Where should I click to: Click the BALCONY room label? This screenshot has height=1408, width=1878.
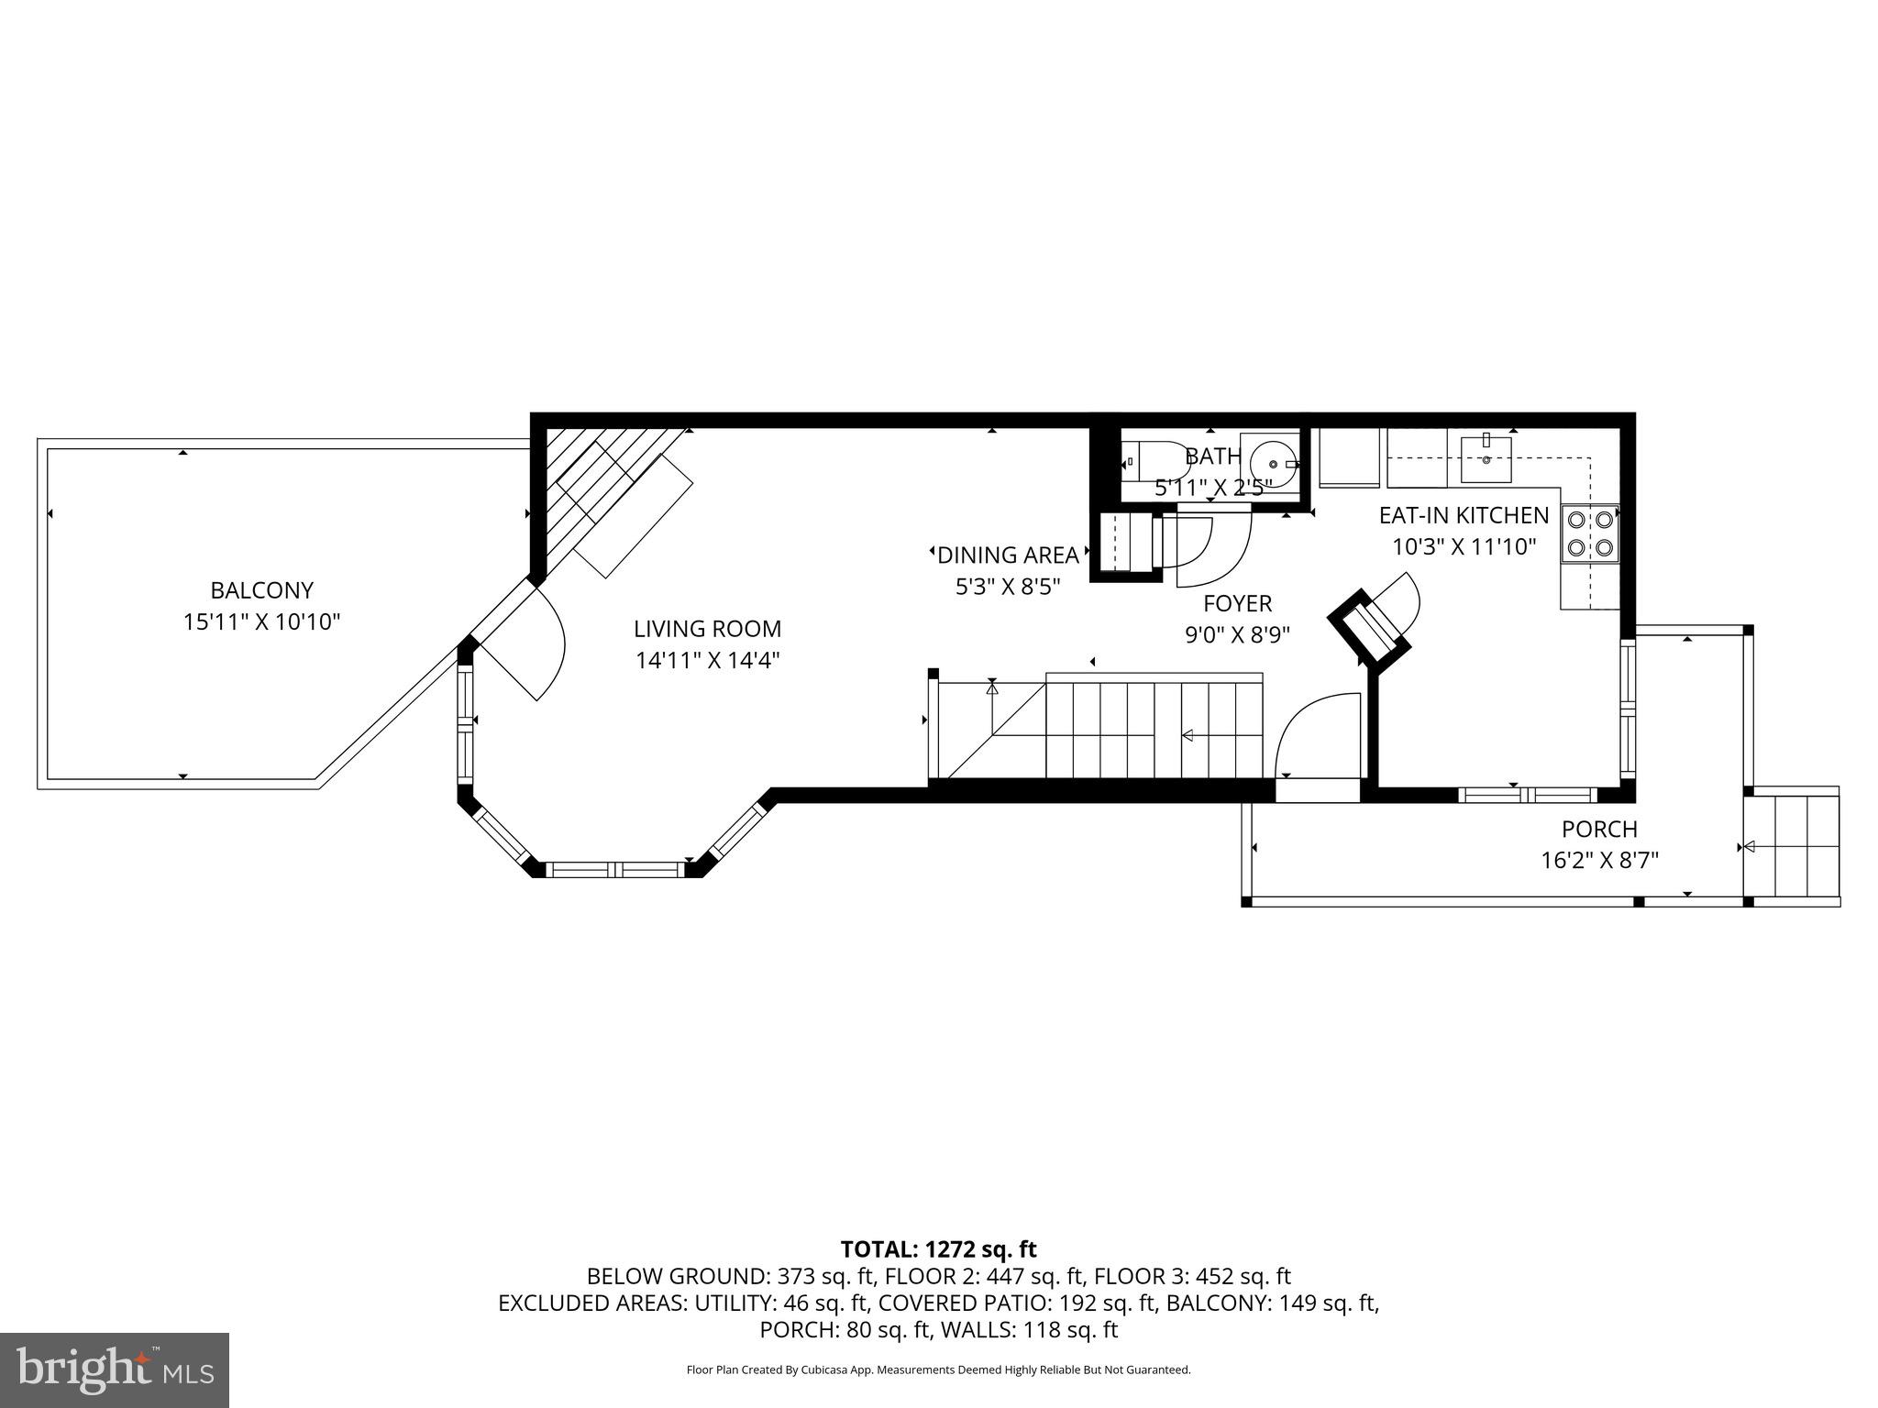(261, 590)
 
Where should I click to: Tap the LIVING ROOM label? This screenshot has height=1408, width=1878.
(707, 629)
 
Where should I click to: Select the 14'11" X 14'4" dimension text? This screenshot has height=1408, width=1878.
(707, 660)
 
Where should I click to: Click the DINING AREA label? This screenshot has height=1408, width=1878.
(1008, 555)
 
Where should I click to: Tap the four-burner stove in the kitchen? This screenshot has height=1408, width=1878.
(1590, 533)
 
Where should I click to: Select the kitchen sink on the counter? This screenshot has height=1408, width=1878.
(1486, 459)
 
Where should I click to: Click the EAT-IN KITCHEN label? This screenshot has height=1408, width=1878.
(1464, 515)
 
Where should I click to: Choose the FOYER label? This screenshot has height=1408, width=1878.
(1237, 603)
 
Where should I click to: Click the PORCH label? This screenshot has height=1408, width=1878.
(1599, 829)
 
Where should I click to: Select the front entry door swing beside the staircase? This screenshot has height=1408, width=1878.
(1313, 735)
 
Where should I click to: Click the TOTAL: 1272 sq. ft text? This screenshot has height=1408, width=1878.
(938, 1248)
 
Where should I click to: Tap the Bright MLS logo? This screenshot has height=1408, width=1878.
(115, 1369)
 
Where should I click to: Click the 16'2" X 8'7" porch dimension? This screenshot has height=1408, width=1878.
(1599, 860)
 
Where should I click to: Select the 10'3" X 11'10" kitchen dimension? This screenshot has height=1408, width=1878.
(1464, 547)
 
